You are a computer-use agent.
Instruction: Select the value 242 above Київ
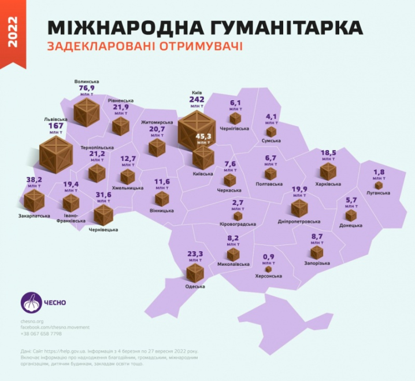pos(197,100)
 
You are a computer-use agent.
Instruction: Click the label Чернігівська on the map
pos(234,129)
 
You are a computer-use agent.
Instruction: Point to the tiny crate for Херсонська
pos(268,269)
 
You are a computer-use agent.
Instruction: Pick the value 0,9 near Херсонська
pos(268,257)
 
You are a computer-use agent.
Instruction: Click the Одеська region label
pos(195,286)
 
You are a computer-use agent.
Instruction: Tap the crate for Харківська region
pos(328,171)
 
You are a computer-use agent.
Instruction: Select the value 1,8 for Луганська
pos(379,172)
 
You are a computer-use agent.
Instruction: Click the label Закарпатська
pos(34,216)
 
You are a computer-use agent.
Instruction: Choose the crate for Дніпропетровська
pos(300,208)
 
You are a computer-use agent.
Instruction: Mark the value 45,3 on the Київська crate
pos(203,137)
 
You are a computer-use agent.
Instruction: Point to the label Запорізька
pos(317,263)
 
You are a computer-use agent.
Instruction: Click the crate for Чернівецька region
pos(103,215)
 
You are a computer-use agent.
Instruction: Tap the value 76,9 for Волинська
pos(87,89)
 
